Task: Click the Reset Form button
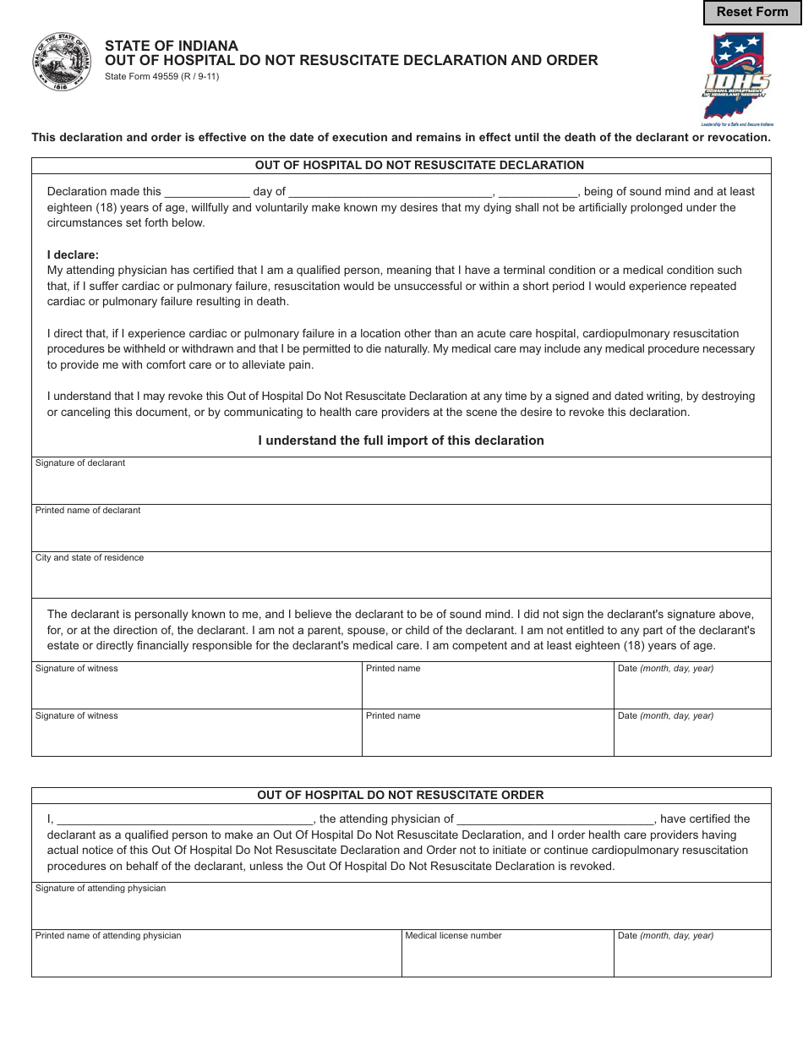click(752, 12)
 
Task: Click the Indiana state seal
click(63, 63)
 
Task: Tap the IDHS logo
click(736, 77)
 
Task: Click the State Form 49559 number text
click(161, 76)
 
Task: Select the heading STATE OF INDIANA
click(172, 46)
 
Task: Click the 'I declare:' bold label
click(73, 255)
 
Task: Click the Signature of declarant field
click(401, 485)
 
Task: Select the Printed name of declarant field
click(401, 533)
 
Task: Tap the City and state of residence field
click(401, 580)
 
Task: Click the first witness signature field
click(196, 690)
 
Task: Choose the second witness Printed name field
click(488, 737)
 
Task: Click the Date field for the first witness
click(691, 690)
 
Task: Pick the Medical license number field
click(507, 958)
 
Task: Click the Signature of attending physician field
click(401, 911)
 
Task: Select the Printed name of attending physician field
click(216, 958)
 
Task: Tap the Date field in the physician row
click(691, 958)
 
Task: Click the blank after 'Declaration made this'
click(207, 191)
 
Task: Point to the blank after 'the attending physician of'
click(555, 818)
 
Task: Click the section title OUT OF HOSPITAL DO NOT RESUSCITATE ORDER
click(401, 795)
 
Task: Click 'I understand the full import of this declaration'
click(401, 441)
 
